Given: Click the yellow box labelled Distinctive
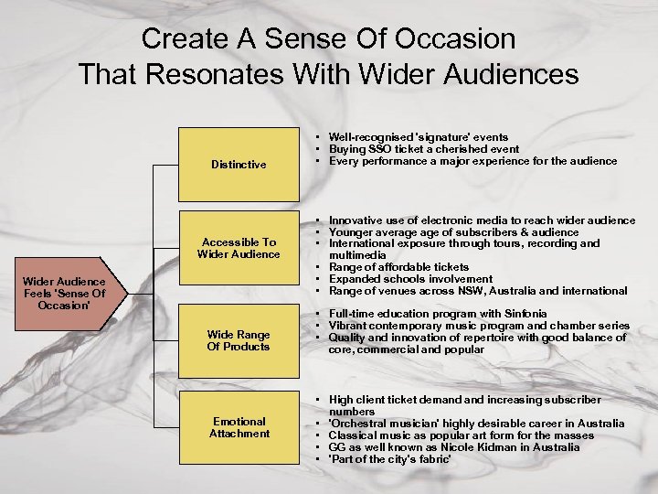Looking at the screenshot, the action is click(x=239, y=165).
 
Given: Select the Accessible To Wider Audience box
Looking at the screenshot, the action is click(x=239, y=248).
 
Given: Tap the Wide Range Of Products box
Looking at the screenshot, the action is click(x=239, y=340).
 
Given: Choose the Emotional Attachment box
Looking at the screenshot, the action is click(x=239, y=427).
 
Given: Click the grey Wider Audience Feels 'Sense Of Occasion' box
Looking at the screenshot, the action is click(x=65, y=293).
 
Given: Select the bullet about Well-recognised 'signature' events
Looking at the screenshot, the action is click(x=419, y=137).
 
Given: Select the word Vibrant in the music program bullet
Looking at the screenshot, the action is click(x=348, y=326).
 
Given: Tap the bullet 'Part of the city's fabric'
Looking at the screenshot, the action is click(x=390, y=459).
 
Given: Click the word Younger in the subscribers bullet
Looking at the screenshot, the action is click(x=352, y=232).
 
